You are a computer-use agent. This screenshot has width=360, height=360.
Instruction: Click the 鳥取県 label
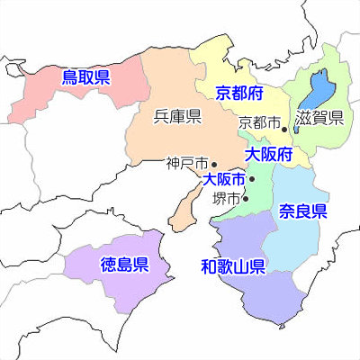pos(85,78)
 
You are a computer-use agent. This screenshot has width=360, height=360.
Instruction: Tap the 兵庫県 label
pos(176,115)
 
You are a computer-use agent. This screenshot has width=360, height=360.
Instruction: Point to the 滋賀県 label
pos(323,117)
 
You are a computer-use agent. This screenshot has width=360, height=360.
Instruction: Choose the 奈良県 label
pos(302,212)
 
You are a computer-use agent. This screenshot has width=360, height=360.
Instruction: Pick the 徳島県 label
pos(123,265)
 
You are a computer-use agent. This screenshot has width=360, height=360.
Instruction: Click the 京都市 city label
pos(259,121)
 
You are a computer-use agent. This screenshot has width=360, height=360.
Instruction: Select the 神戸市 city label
pos(186,165)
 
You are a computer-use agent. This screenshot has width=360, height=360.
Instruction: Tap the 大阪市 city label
pos(225,180)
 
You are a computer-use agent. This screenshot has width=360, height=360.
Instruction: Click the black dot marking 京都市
pos(284,129)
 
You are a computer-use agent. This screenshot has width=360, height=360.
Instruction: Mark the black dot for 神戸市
pos(213,165)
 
